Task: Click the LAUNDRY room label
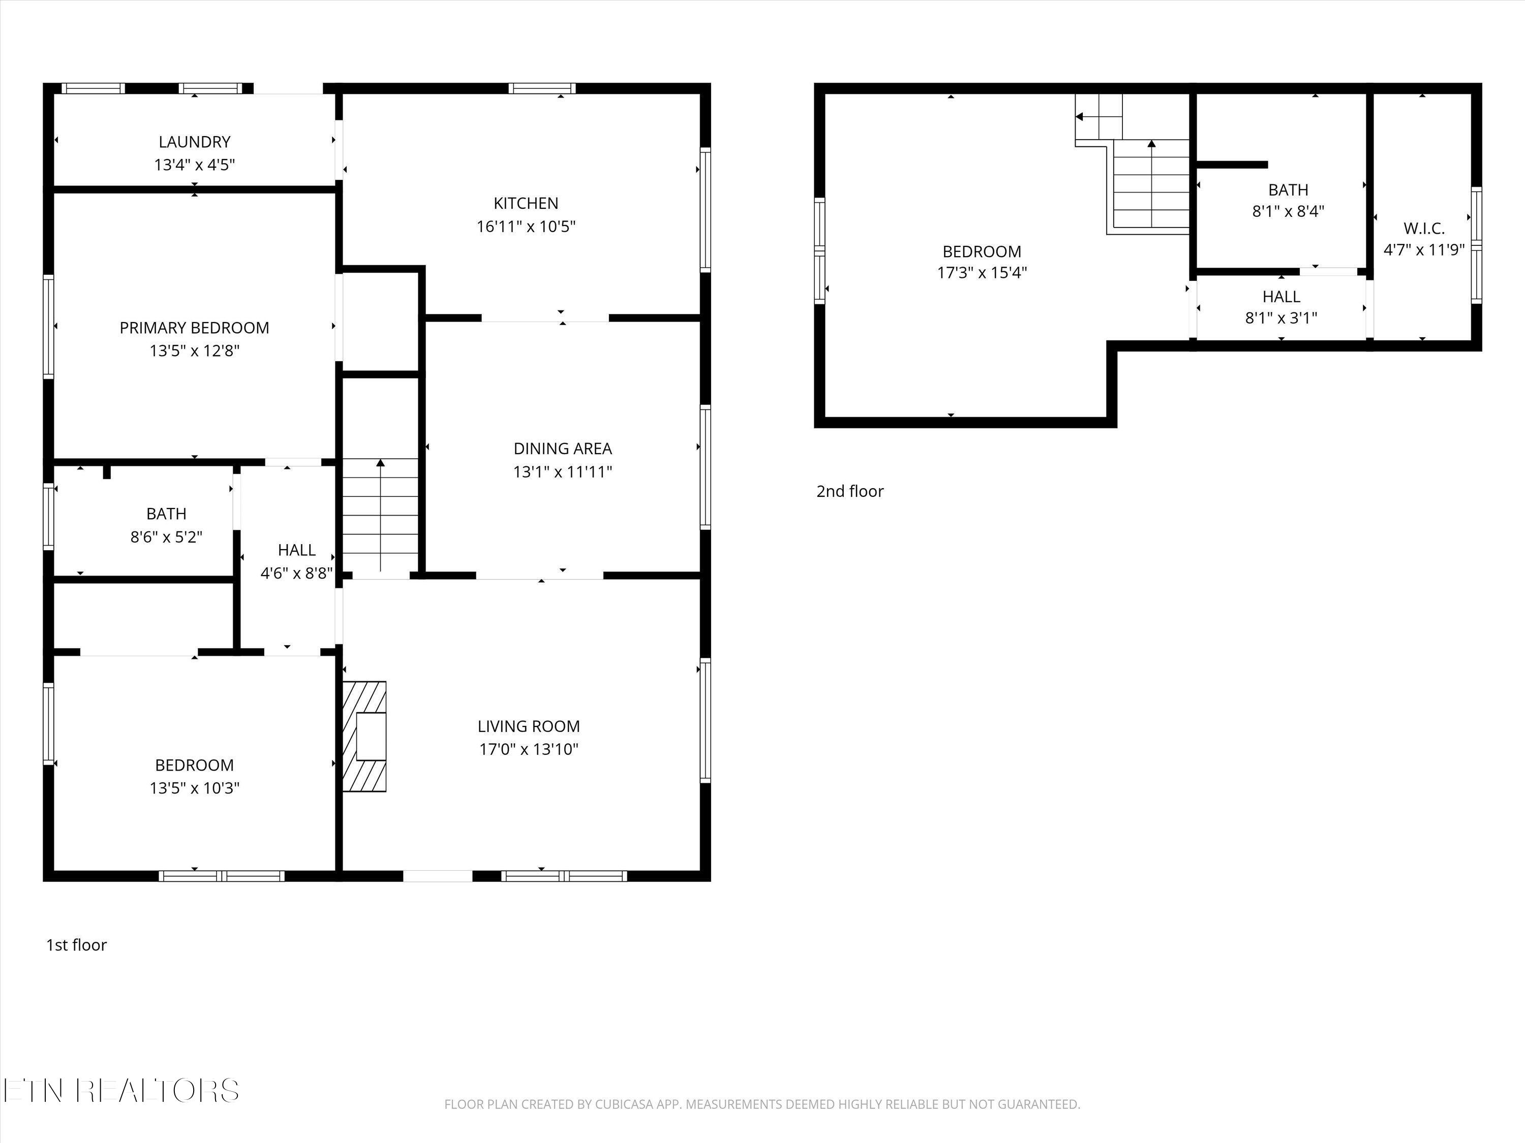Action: [194, 142]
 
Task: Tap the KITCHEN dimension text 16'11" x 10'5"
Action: [526, 227]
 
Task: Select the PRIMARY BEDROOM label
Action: [194, 328]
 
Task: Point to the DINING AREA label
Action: [563, 449]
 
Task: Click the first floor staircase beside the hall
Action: [381, 515]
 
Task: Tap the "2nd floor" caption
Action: [850, 491]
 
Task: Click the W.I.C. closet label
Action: [1424, 229]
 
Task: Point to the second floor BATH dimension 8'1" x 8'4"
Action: [1288, 211]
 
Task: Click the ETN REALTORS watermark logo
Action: [121, 1091]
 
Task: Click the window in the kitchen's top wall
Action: [542, 88]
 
